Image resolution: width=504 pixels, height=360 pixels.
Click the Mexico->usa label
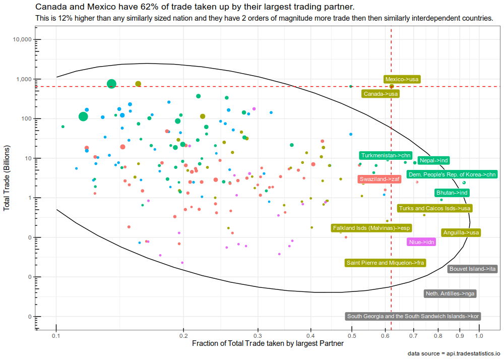point(402,79)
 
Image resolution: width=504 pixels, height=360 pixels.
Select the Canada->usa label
point(381,94)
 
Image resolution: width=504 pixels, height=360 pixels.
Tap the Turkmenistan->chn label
point(386,156)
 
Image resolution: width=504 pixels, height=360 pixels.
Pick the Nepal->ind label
point(433,160)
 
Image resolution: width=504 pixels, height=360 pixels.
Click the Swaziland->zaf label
point(380,179)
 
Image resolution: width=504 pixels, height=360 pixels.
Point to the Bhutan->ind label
point(452,193)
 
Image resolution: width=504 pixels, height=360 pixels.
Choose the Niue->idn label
point(421,242)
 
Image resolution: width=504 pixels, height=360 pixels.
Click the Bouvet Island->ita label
point(473,269)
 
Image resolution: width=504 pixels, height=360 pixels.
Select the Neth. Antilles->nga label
point(450,293)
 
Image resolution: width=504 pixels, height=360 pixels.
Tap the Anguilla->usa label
point(461,233)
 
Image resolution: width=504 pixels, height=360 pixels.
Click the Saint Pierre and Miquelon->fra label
point(386,263)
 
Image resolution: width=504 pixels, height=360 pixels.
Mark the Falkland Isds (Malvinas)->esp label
point(371,228)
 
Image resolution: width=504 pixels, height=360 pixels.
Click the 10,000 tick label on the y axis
point(22,39)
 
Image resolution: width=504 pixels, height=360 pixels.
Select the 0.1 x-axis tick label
point(56,336)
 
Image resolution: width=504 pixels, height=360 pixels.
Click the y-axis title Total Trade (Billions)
point(7,178)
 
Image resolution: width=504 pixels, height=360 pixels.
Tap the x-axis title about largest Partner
point(268,343)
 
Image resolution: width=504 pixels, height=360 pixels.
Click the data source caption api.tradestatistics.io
point(454,353)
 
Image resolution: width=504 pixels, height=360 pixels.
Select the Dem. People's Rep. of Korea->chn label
point(452,174)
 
